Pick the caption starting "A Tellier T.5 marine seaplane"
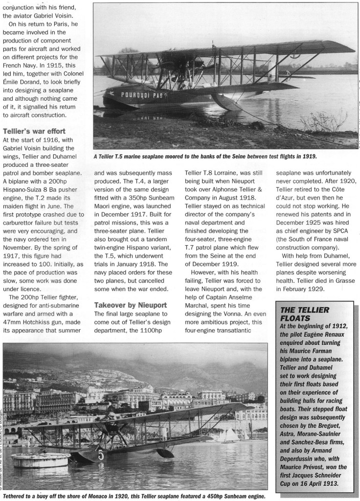tap(205, 157)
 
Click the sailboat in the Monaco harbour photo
tap(229, 433)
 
